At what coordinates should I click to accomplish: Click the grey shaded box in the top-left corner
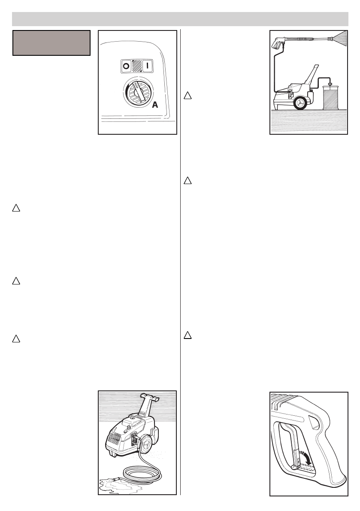(51, 43)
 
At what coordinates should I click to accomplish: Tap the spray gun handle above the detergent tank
(278, 43)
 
